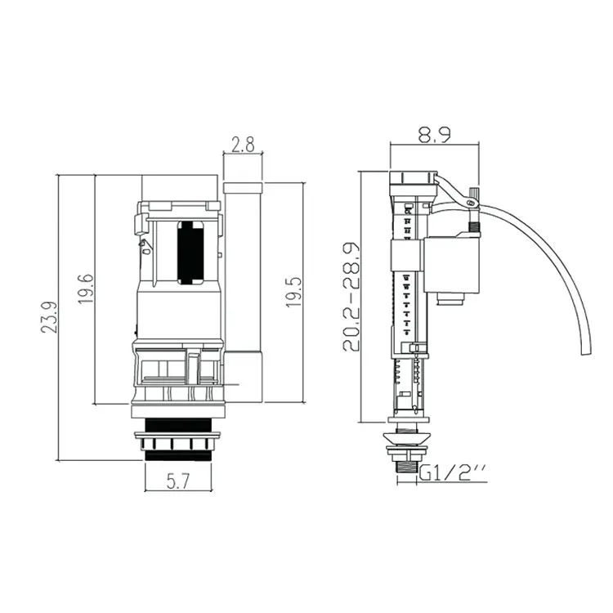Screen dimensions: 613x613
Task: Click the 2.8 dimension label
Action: click(x=242, y=145)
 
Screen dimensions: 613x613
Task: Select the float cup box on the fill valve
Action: click(x=450, y=266)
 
